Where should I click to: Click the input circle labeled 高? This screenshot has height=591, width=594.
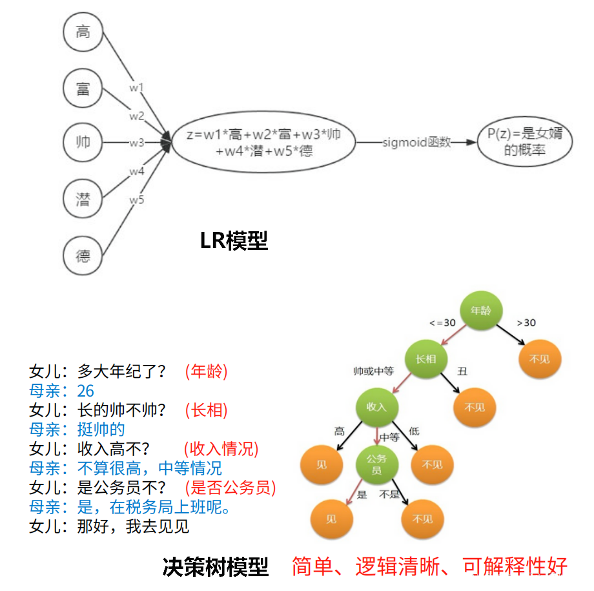pyautogui.click(x=83, y=32)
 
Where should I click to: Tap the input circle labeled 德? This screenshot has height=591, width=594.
pyautogui.click(x=83, y=256)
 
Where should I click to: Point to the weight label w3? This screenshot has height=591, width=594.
pyautogui.click(x=136, y=143)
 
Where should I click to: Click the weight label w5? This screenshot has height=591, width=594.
pyautogui.click(x=136, y=200)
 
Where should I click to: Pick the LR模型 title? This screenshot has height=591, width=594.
pyautogui.click(x=234, y=242)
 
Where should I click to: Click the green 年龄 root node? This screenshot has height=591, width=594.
pyautogui.click(x=481, y=310)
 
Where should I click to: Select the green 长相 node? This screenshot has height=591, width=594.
pyautogui.click(x=425, y=359)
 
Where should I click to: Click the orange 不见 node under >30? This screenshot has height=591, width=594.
pyautogui.click(x=540, y=359)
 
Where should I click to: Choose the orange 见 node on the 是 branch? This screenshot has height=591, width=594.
pyautogui.click(x=331, y=518)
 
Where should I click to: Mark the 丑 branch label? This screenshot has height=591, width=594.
pyautogui.click(x=462, y=371)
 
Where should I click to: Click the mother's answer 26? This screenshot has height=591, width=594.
pyautogui.click(x=86, y=391)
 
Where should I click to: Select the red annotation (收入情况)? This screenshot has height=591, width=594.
pyautogui.click(x=221, y=449)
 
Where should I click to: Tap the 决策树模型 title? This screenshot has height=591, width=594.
pyautogui.click(x=216, y=567)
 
